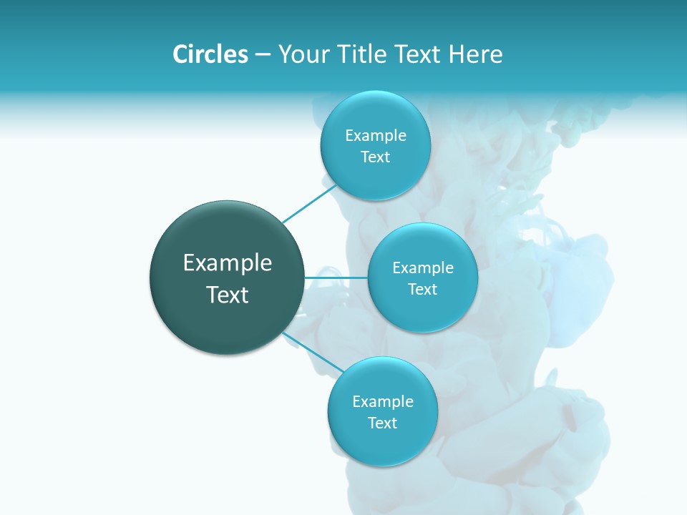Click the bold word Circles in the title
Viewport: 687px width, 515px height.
tap(210, 54)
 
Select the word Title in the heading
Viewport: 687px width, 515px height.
tap(364, 54)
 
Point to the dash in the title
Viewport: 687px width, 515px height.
tap(263, 55)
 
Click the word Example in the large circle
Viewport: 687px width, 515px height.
tap(228, 263)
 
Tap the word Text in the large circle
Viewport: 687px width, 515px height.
tap(228, 295)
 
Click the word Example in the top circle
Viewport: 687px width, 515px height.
tap(376, 136)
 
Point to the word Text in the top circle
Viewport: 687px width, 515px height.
tap(376, 157)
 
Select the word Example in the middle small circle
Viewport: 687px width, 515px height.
tap(423, 268)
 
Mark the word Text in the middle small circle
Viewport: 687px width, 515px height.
tap(423, 290)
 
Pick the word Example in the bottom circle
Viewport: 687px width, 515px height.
tap(383, 402)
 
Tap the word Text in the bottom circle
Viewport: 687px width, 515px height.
tap(383, 423)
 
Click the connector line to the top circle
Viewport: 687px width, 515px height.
tap(308, 205)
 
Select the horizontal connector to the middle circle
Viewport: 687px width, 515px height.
tap(336, 278)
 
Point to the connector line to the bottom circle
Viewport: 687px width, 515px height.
tap(313, 353)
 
